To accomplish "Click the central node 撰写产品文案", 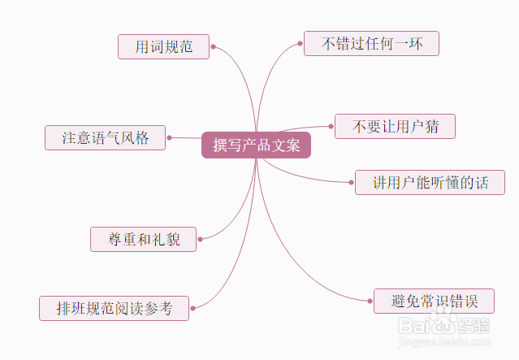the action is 256,145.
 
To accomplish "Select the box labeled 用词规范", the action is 163,46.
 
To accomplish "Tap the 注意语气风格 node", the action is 106,137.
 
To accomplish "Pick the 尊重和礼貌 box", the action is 143,239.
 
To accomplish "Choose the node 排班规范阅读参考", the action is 114,308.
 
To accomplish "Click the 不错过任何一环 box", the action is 371,43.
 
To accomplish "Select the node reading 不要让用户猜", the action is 395,126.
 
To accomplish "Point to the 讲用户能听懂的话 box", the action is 430,182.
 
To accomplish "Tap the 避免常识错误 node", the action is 434,301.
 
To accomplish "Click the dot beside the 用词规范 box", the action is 213,46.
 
